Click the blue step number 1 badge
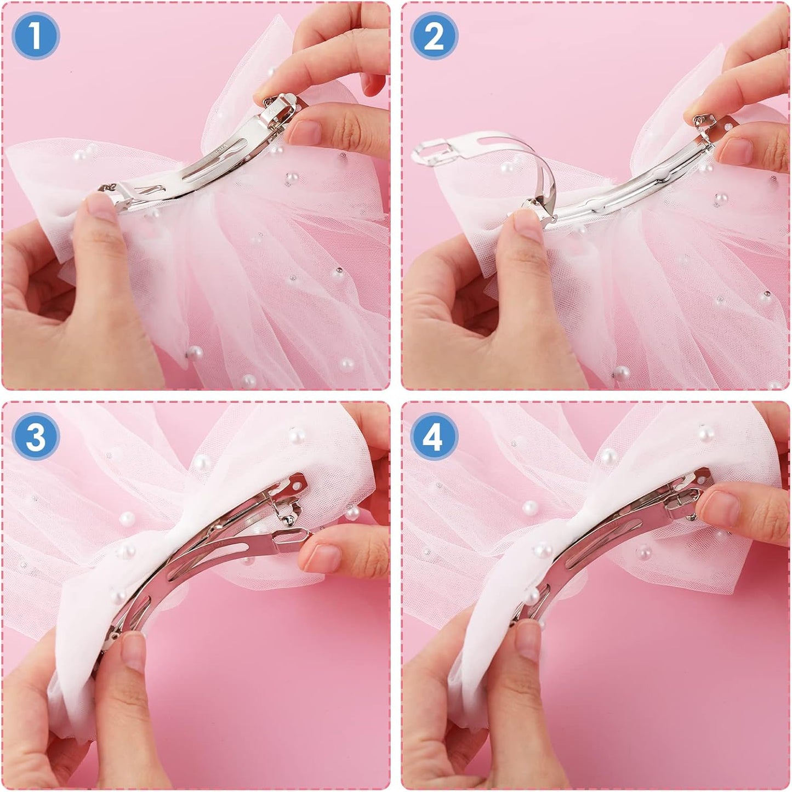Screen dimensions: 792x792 tap(36, 36)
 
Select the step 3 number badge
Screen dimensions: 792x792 tap(36, 436)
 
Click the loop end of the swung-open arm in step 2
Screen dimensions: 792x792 tap(431, 152)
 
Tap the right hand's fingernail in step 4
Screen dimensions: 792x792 tap(723, 505)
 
